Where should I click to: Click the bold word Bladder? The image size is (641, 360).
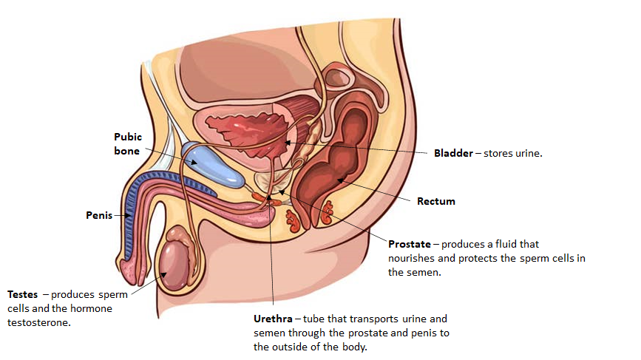pos(453,154)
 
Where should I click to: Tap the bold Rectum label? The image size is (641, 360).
pos(436,200)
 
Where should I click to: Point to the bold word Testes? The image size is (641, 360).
pos(22,294)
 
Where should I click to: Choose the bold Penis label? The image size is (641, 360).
pos(98,216)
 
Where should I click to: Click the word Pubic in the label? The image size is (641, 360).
pos(127,137)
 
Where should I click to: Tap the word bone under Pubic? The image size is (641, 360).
pos(126,151)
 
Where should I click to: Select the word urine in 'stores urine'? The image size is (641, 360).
pos(527,154)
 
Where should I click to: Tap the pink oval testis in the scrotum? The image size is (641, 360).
pos(180,262)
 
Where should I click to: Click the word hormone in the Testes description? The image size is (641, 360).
pos(96,308)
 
